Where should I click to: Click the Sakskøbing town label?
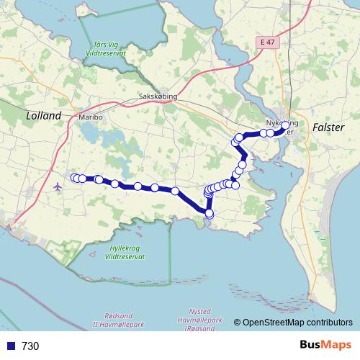click(158, 96)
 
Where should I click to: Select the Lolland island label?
click(43, 115)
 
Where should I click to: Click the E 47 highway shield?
click(267, 43)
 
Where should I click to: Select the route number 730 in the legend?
click(30, 346)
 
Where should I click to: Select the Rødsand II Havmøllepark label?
click(120, 321)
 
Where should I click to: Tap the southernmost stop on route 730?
click(210, 213)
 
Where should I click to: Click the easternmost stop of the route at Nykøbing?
click(285, 125)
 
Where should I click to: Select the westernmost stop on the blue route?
click(74, 178)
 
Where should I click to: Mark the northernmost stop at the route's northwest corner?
click(240, 137)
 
